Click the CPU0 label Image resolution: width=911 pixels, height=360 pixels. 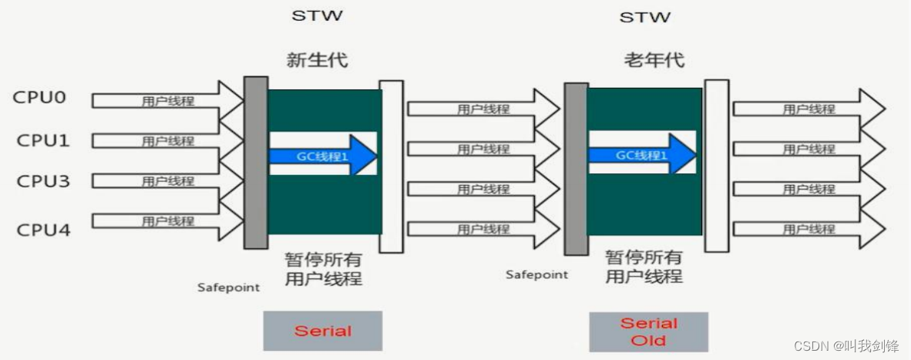tap(39, 99)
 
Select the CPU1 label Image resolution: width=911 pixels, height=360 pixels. tap(42, 140)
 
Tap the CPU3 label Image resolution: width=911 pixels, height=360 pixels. tap(42, 181)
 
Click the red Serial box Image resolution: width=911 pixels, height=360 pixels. tap(323, 331)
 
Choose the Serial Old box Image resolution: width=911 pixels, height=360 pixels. tap(648, 331)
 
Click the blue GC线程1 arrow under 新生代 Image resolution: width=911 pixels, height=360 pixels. tap(322, 155)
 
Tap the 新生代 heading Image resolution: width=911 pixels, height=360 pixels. tap(318, 60)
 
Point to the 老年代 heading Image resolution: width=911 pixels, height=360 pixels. tap(654, 60)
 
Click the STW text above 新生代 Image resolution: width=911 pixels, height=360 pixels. tap(317, 15)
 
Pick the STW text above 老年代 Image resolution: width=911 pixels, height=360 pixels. tap(645, 15)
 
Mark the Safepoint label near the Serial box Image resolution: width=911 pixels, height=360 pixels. tap(228, 288)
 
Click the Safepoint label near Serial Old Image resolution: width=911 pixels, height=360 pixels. tap(536, 274)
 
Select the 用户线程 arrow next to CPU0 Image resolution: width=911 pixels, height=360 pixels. tap(166, 100)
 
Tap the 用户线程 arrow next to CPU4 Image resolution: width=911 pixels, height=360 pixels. tap(166, 221)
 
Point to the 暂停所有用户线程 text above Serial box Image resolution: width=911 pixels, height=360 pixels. tap(323, 269)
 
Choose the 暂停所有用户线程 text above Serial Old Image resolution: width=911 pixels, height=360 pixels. tap(644, 266)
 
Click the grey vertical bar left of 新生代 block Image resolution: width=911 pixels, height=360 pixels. tap(256, 162)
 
